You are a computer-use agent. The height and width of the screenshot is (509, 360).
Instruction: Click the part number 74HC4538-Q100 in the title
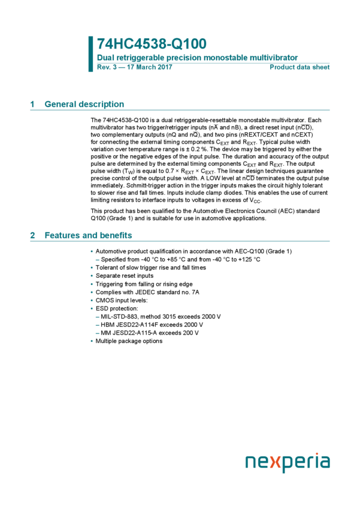point(152,44)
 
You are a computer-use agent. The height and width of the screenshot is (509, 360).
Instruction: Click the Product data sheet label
point(300,68)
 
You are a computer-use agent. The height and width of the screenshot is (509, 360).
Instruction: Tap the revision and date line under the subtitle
point(135,68)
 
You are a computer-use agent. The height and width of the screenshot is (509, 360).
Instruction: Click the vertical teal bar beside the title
point(91,53)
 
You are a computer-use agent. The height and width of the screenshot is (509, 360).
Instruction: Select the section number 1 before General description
point(32,105)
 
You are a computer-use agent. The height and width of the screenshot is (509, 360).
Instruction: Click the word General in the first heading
point(58,105)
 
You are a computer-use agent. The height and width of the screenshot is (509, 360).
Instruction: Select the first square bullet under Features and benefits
point(92,252)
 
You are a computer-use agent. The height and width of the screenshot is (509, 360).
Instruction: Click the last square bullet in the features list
point(92,341)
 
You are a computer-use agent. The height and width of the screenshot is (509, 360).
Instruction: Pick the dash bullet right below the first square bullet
point(97,260)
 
